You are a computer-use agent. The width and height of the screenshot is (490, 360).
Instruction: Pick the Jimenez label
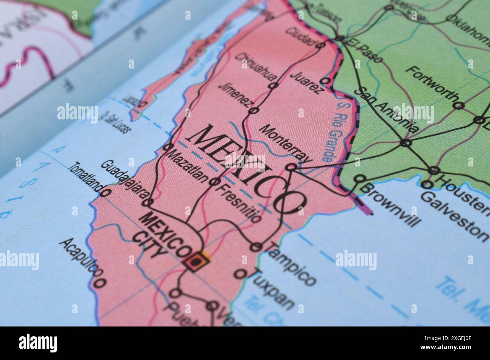tap(235, 94)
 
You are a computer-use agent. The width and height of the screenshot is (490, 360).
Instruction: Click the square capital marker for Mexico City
tap(196, 260)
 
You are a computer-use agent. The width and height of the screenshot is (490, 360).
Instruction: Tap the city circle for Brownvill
tap(360, 178)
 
